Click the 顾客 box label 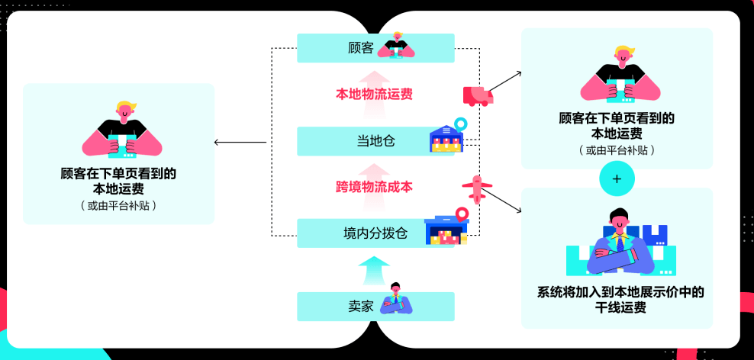(361, 48)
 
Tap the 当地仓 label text (375, 141)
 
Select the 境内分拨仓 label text (375, 233)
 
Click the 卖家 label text (361, 307)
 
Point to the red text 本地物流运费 (375, 95)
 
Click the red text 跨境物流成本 (375, 187)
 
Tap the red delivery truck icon (478, 95)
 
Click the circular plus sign (617, 179)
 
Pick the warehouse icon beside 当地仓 (447, 137)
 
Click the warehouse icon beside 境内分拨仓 (446, 229)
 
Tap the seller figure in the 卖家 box (396, 301)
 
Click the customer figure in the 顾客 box (397, 46)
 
